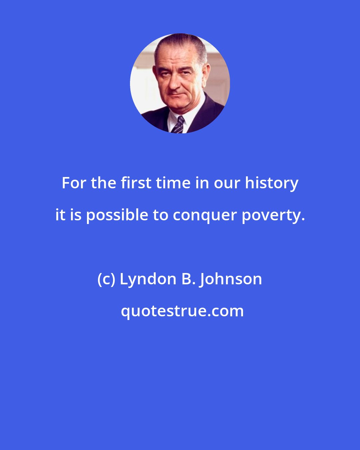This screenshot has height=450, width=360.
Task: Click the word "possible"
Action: pos(117,216)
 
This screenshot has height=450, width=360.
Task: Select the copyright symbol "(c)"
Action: pos(106,280)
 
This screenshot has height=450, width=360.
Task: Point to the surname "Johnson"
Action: pos(231,280)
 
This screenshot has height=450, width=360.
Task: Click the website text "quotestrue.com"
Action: pos(182,311)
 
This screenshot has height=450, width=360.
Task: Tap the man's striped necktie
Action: pos(178,125)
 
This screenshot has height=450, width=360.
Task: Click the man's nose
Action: pos(175,83)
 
